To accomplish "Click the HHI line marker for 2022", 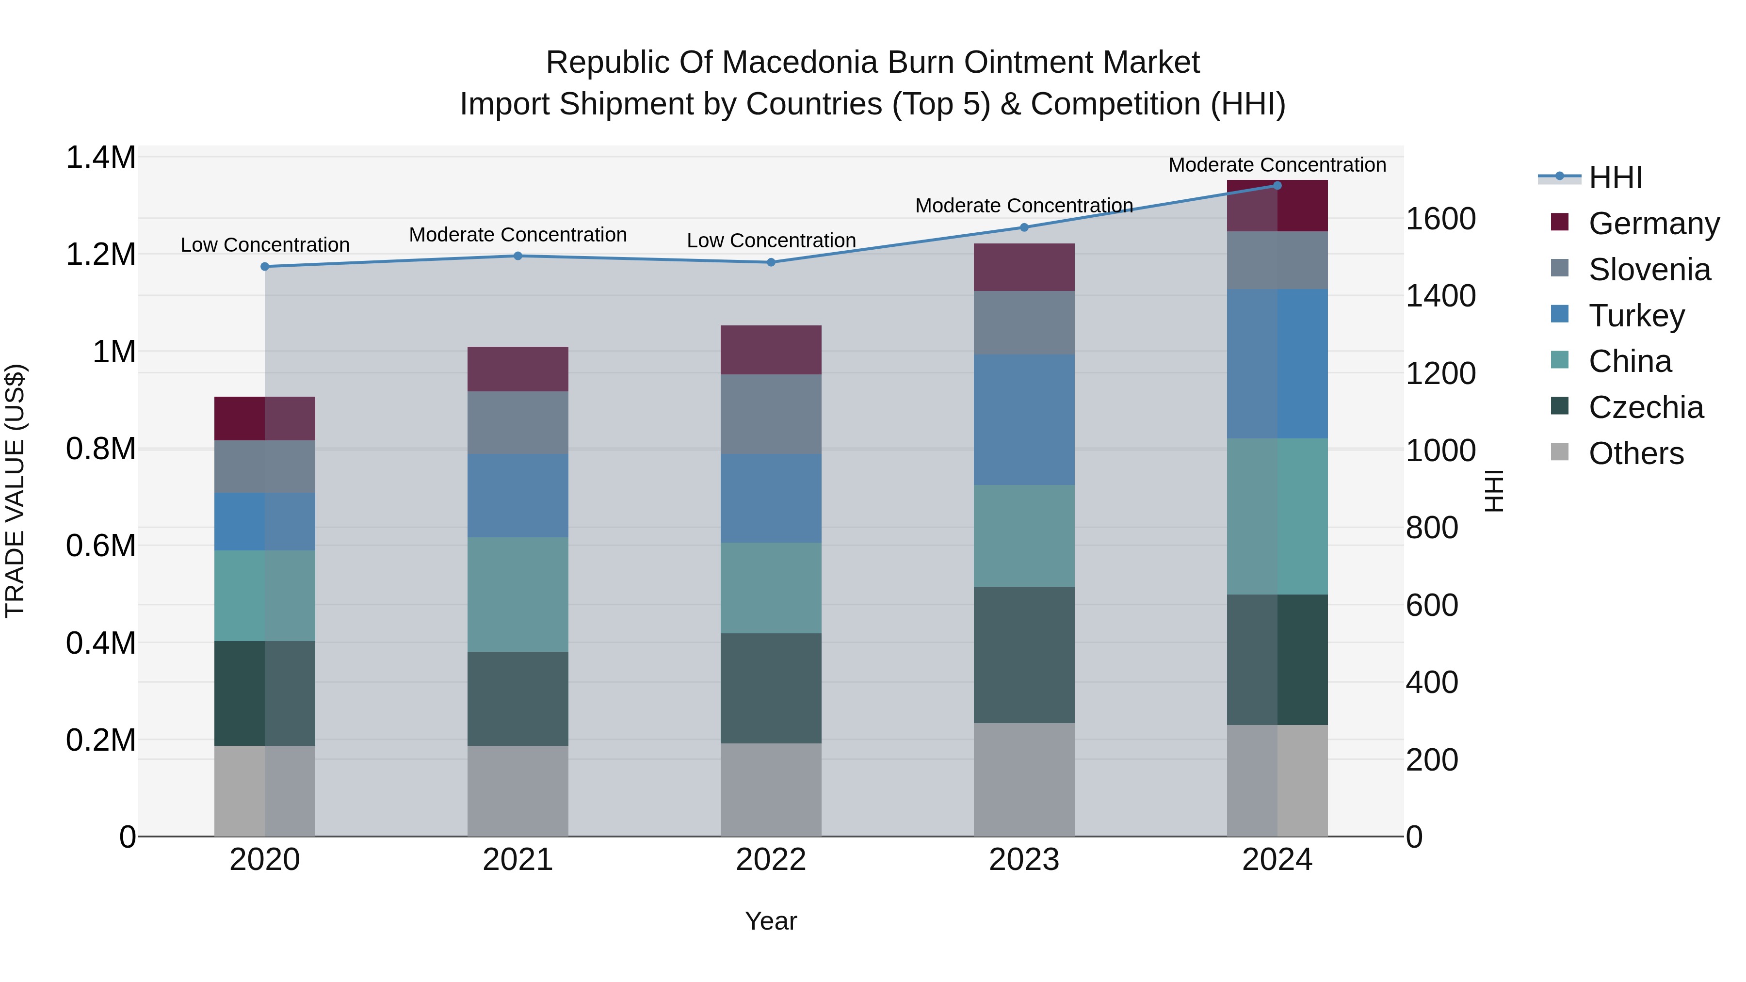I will pos(771,262).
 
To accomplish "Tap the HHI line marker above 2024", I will pos(1277,186).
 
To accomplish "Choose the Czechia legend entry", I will pos(1645,407).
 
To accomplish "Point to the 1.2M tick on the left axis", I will pos(100,255).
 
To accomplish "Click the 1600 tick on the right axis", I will pos(1440,219).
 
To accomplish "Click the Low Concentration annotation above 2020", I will pos(265,245).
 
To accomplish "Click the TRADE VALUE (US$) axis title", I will pos(15,491).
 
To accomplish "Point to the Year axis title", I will pos(771,921).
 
